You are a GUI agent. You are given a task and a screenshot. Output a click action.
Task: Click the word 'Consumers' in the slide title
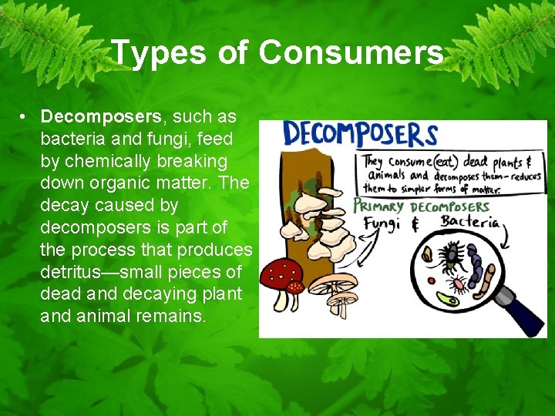pos(351,53)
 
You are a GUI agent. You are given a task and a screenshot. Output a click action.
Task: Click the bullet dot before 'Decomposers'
pos(25,117)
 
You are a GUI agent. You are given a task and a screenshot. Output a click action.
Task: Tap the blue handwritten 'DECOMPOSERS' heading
pos(360,134)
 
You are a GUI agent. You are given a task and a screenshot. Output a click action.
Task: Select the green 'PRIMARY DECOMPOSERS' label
pos(421,206)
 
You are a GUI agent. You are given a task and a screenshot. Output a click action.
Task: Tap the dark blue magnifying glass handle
pos(525,311)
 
